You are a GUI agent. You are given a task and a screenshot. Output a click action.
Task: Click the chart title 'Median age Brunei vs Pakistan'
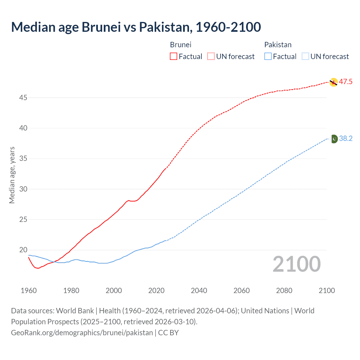tap(136, 27)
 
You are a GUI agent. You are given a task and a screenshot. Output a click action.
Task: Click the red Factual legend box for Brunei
tap(174, 56)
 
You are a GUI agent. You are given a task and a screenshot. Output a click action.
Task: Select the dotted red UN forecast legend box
tap(211, 56)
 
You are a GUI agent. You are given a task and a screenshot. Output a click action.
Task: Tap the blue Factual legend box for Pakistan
tap(268, 56)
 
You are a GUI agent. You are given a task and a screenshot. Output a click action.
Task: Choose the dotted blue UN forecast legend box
tap(305, 56)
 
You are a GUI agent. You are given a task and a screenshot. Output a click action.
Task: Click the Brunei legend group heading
tap(181, 45)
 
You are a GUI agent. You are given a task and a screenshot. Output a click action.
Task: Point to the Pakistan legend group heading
tap(278, 45)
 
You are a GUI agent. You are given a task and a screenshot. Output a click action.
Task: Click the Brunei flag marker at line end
tap(333, 82)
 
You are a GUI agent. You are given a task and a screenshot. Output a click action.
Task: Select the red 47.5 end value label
tap(346, 82)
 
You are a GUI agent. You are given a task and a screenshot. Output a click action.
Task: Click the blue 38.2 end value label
tap(346, 139)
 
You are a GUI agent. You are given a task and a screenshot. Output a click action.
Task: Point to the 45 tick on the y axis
tap(23, 98)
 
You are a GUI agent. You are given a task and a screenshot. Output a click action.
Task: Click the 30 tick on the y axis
tap(23, 189)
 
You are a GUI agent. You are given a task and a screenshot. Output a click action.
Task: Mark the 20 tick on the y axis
tap(23, 250)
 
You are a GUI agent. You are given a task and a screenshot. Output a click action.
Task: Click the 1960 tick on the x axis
tap(29, 291)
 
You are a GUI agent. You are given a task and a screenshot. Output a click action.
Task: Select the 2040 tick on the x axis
tap(199, 291)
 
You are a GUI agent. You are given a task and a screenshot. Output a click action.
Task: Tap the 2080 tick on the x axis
tap(284, 291)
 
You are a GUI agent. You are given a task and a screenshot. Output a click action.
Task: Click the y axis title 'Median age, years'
tap(12, 175)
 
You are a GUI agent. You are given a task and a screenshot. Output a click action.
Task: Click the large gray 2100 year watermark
tap(296, 264)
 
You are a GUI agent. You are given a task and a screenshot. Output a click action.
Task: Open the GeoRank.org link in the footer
tap(82, 333)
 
